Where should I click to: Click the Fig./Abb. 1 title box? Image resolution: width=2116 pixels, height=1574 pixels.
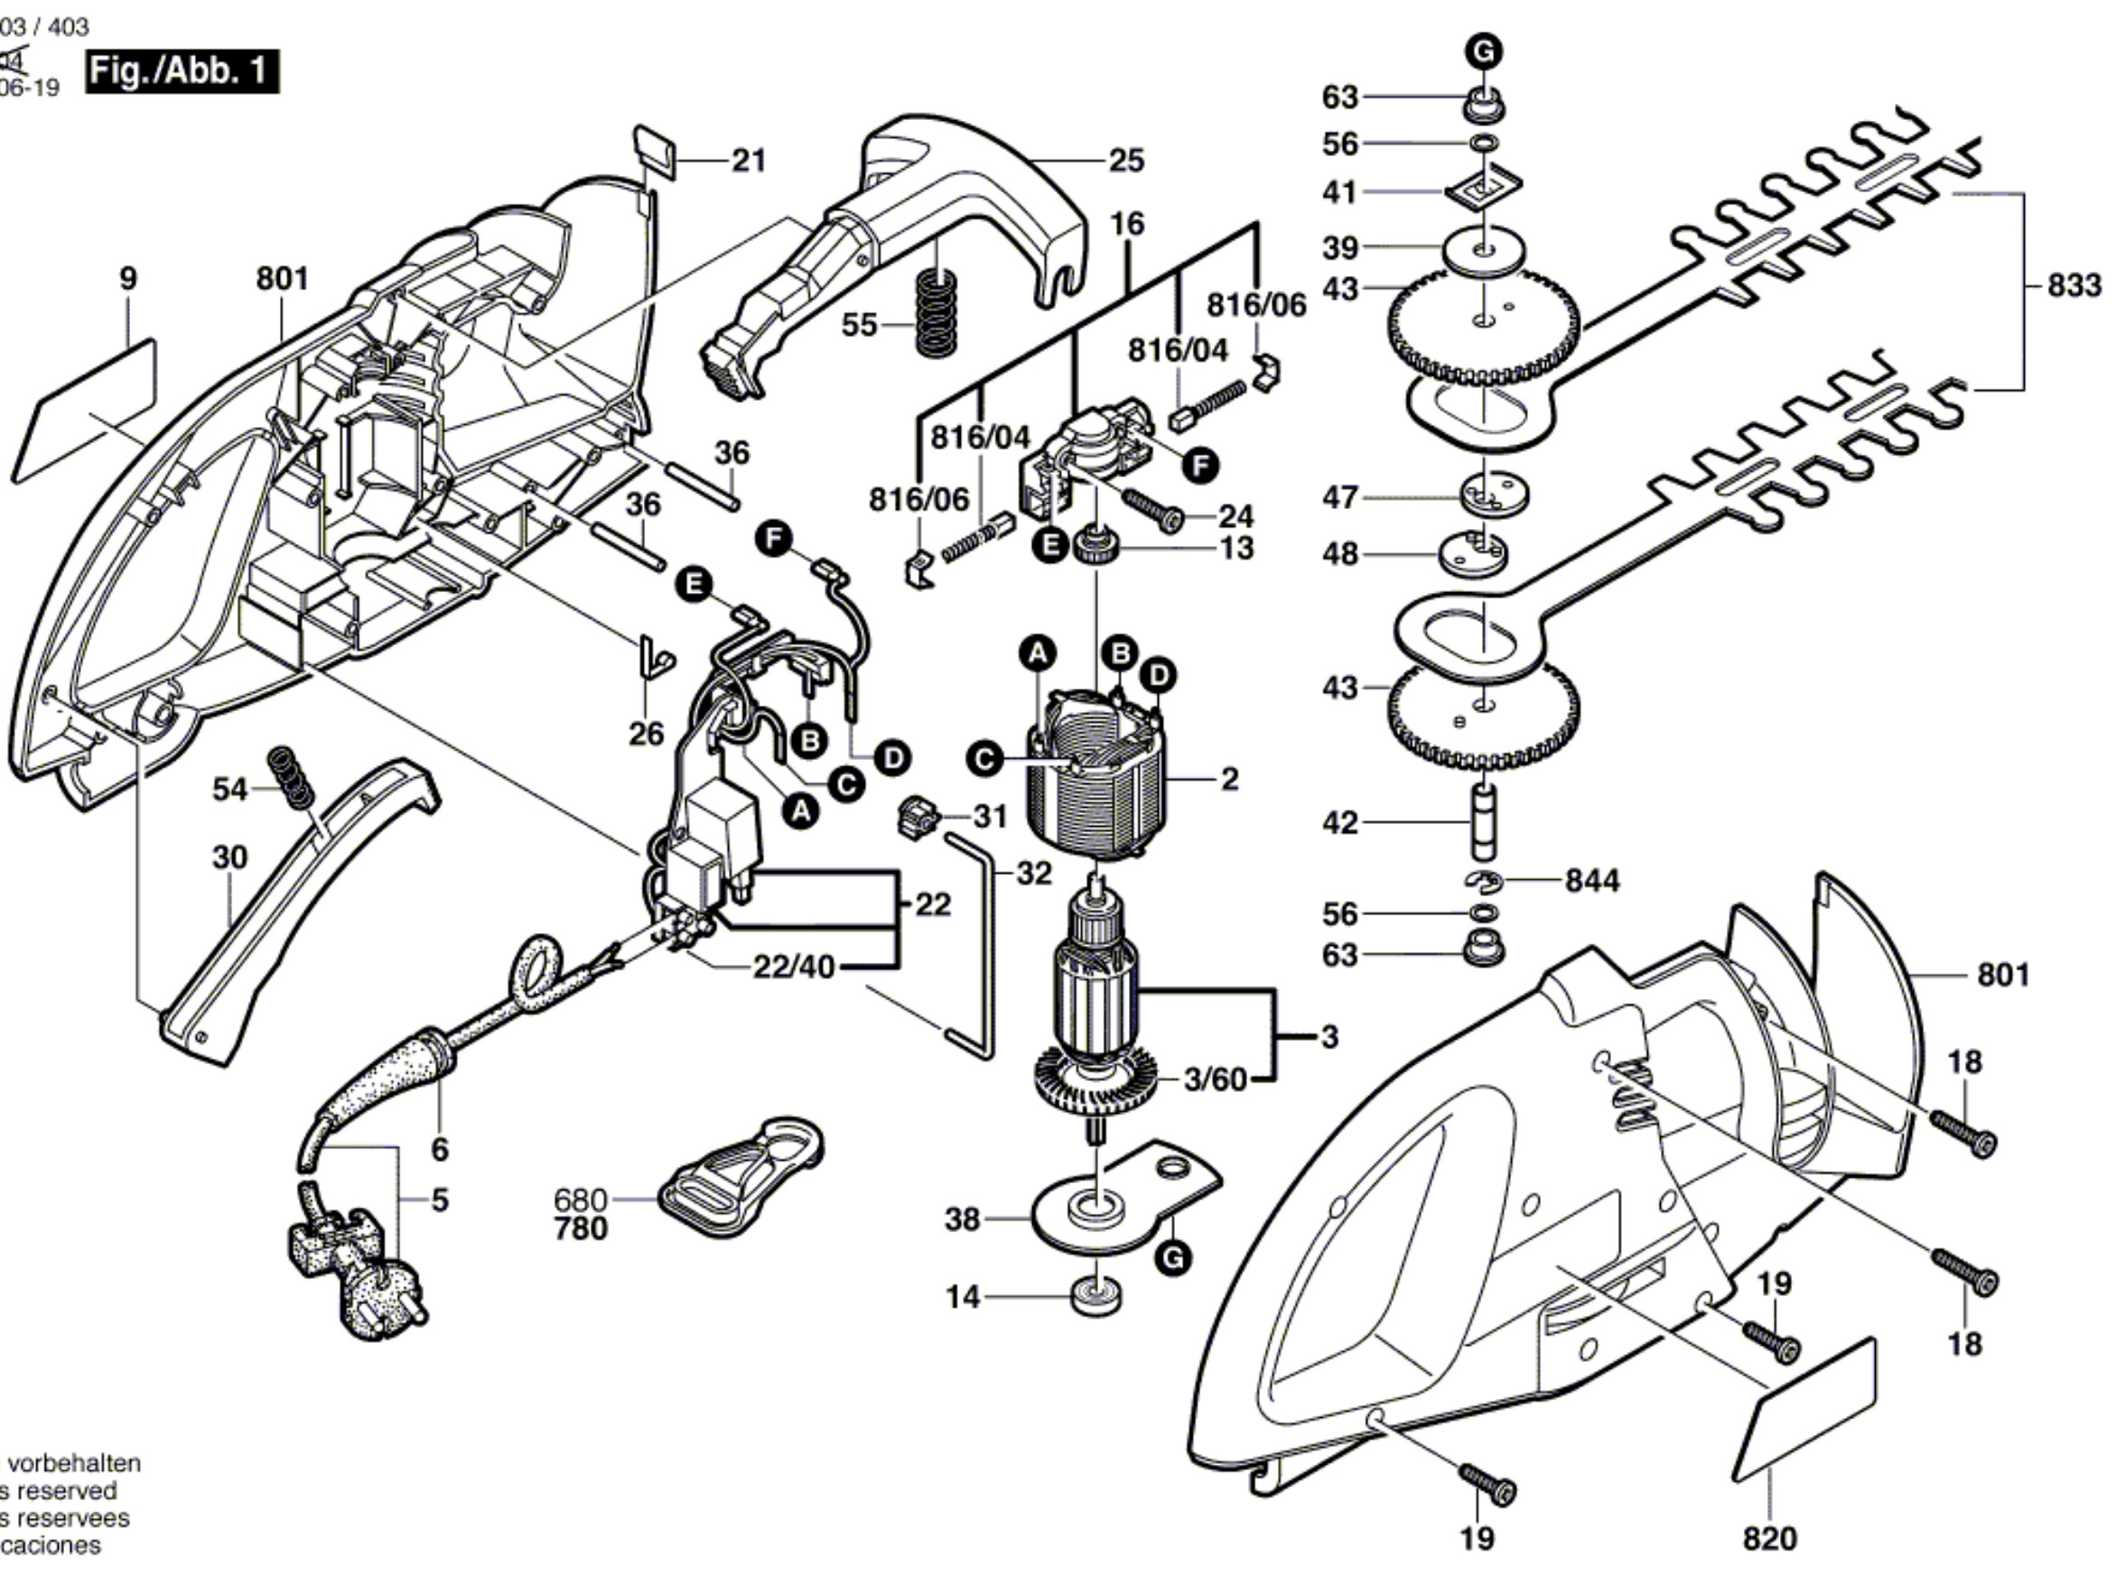click(x=182, y=72)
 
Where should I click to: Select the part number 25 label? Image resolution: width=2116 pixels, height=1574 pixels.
click(x=1125, y=160)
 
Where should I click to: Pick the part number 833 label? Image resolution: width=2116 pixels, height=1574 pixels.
click(x=2074, y=285)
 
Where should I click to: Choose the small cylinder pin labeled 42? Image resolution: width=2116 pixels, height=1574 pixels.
click(x=1485, y=820)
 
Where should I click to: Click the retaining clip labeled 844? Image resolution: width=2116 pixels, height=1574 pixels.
click(x=1483, y=883)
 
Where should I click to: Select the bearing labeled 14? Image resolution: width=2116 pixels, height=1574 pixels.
click(x=1097, y=1298)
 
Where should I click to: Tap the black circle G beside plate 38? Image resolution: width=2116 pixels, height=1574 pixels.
click(x=1171, y=1258)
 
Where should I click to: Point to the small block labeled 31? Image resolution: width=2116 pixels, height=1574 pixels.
click(x=917, y=819)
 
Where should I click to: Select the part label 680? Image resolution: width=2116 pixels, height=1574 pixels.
click(x=581, y=1199)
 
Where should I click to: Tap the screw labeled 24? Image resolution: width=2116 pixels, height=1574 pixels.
click(x=1152, y=509)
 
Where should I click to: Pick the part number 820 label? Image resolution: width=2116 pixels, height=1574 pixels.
click(x=1769, y=1538)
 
